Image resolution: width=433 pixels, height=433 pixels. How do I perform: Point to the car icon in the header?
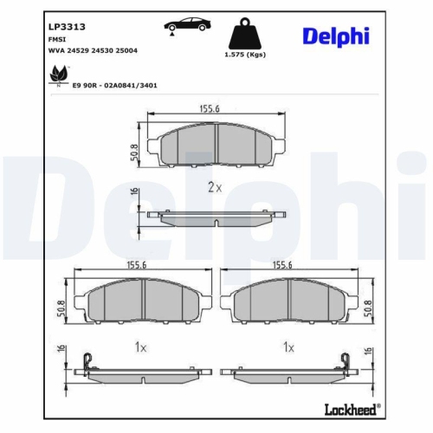(184, 26)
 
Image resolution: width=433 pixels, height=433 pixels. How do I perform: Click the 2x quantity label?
(215, 188)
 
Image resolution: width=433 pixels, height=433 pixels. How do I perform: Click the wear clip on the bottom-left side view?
(86, 363)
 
